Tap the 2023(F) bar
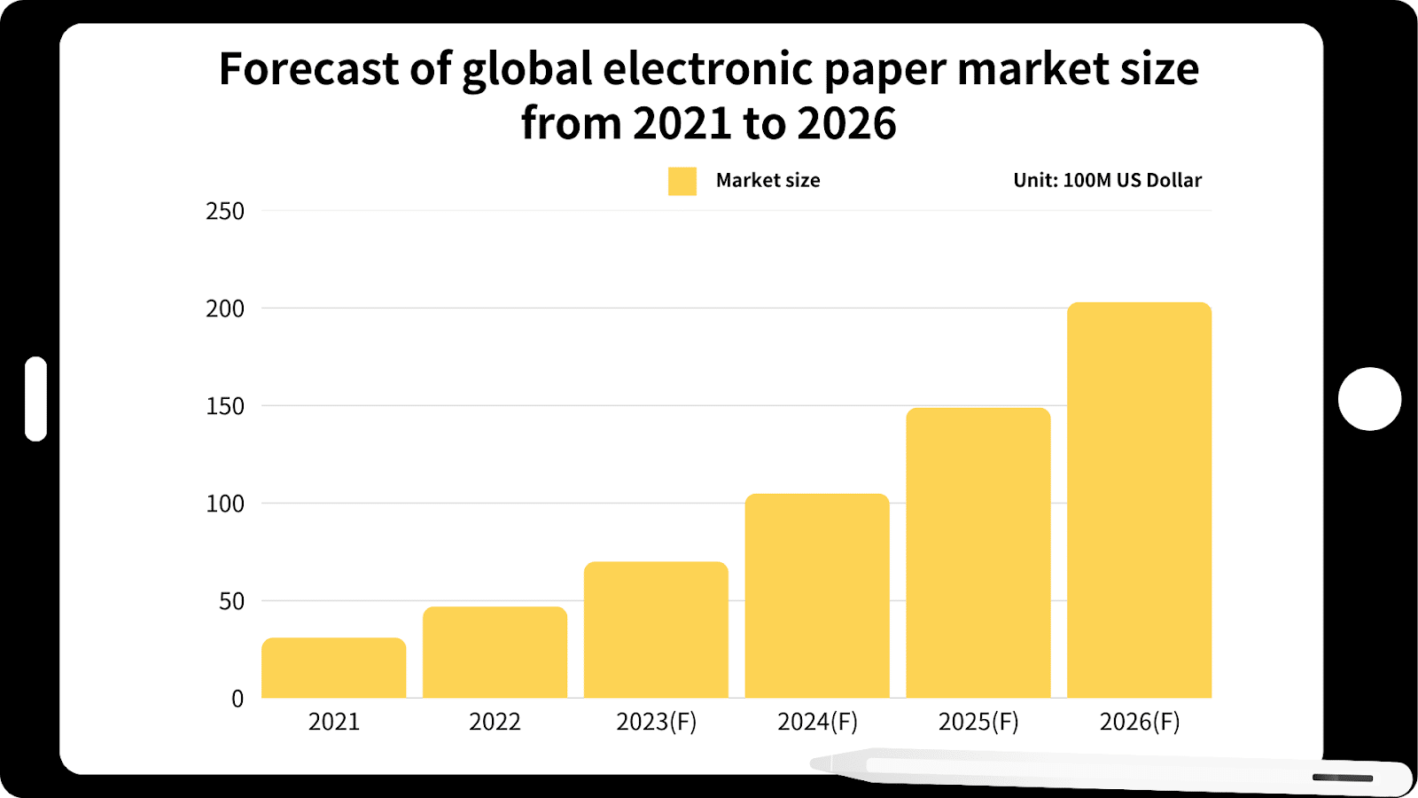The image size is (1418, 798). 656,630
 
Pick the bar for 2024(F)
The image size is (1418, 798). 817,596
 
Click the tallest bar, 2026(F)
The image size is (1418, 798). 1139,500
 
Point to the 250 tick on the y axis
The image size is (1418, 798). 225,211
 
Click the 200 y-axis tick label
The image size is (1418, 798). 225,309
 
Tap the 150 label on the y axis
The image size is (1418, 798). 225,406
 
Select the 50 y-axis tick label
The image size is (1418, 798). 231,601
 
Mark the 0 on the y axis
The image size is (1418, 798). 238,699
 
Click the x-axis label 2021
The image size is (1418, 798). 334,722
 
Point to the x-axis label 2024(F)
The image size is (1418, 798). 817,722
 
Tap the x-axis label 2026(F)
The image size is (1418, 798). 1140,722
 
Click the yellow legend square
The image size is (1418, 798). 682,181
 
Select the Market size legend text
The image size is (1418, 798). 767,180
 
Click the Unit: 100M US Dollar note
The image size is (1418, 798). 1107,180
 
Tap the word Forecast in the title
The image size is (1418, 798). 308,69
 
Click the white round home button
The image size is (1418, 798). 1369,399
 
